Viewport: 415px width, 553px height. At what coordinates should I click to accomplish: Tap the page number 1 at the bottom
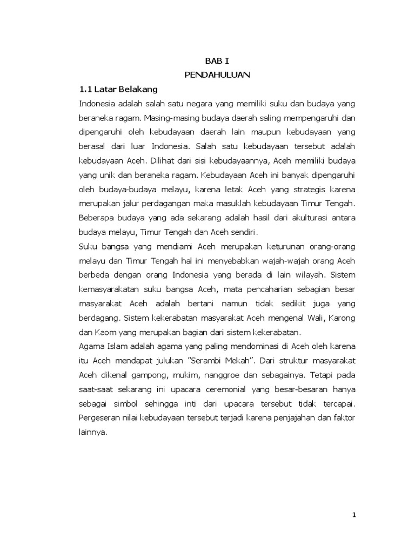tap(354, 515)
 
